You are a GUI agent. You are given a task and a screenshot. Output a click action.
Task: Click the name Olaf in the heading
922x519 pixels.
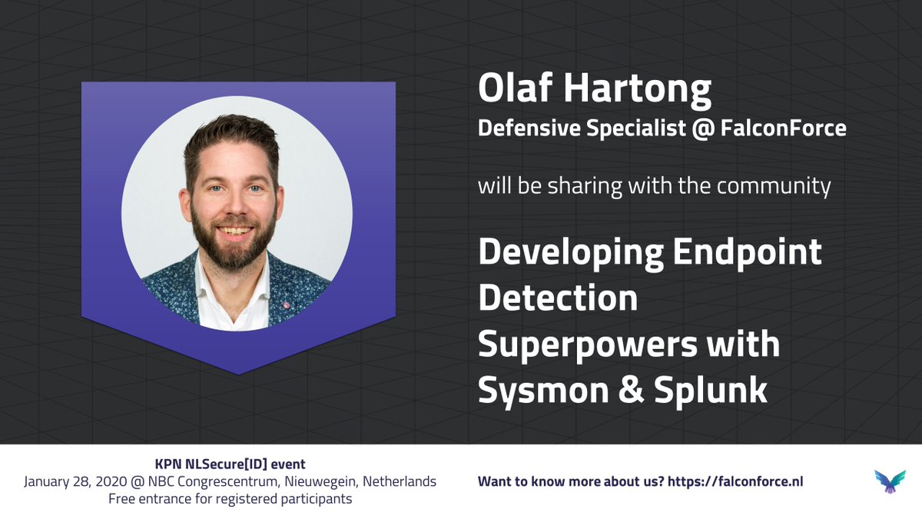click(x=515, y=88)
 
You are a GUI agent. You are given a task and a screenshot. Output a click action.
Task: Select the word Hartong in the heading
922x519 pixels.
click(x=637, y=91)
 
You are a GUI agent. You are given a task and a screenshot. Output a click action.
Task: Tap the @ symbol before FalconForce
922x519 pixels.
click(x=703, y=128)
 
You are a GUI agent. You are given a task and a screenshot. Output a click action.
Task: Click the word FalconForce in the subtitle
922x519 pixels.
click(x=783, y=128)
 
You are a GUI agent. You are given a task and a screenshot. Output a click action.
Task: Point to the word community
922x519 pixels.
click(x=774, y=186)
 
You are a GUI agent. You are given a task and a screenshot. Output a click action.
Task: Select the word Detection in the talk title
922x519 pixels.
click(x=558, y=298)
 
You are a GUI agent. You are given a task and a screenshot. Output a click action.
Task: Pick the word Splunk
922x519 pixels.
click(x=711, y=391)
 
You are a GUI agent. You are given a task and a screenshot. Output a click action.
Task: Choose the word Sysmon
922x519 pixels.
click(x=543, y=392)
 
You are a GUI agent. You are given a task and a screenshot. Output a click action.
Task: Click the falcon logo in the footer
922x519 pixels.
click(x=890, y=481)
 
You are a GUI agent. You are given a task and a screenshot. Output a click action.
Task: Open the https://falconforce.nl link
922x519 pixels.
click(x=735, y=481)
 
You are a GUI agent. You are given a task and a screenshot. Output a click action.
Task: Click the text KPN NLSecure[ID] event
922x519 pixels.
click(x=230, y=464)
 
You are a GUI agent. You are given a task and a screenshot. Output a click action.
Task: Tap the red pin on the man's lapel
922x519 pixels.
click(x=286, y=305)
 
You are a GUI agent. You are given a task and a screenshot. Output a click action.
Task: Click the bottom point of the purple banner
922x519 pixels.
click(x=239, y=374)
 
